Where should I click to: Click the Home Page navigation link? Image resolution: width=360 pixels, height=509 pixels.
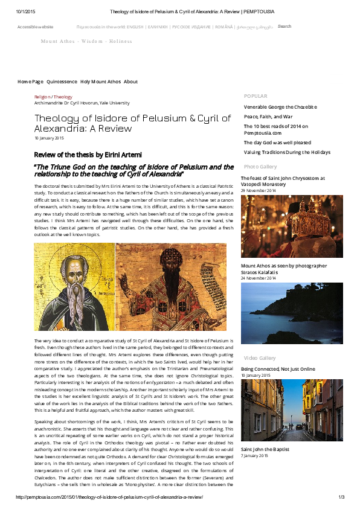pyautogui.click(x=30, y=82)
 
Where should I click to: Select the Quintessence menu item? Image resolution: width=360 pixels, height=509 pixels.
pyautogui.click(x=62, y=82)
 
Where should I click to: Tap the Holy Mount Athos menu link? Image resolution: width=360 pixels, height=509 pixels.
pyautogui.click(x=100, y=82)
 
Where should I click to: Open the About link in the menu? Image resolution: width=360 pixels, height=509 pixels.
pyautogui.click(x=130, y=82)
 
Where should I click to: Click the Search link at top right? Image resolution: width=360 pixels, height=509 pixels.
pyautogui.click(x=284, y=27)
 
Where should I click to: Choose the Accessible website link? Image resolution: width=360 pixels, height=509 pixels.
pyautogui.click(x=35, y=27)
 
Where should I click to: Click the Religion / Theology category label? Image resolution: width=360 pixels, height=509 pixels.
pyautogui.click(x=53, y=97)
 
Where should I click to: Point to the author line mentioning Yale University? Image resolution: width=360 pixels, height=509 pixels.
pyautogui.click(x=82, y=103)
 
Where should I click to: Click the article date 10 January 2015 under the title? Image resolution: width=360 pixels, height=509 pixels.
pyautogui.click(x=49, y=138)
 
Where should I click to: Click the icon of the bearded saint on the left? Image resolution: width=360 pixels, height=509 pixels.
pyautogui.click(x=74, y=287)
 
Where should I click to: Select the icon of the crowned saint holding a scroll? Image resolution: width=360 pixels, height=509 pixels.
pyautogui.click(x=170, y=287)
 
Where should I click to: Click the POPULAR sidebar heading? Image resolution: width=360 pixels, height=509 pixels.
pyautogui.click(x=255, y=96)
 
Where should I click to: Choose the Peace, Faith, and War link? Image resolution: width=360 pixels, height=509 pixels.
pyautogui.click(x=268, y=117)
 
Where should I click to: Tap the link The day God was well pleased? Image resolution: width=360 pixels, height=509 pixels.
pyautogui.click(x=277, y=142)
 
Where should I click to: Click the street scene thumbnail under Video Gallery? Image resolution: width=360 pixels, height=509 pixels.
pyautogui.click(x=283, y=410)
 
